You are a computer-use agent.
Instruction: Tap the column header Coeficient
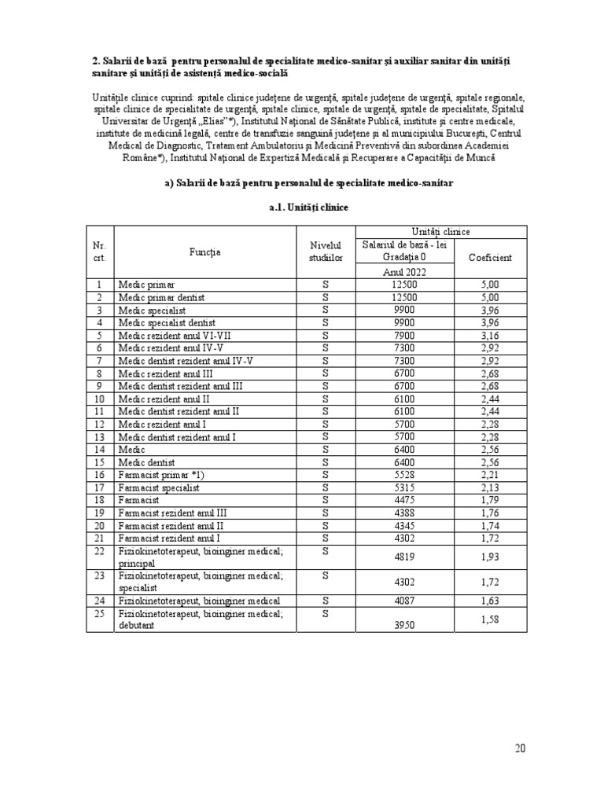tap(490, 258)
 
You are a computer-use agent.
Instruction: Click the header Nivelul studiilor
tap(326, 252)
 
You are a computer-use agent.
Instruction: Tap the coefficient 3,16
tap(490, 336)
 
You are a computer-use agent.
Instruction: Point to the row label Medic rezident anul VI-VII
tap(168, 336)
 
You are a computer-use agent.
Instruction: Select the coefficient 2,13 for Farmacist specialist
tap(490, 487)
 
